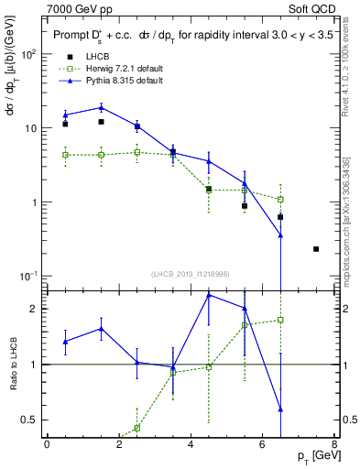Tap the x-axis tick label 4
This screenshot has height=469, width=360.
tap(190, 445)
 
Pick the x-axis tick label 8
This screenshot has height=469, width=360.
tap(333, 445)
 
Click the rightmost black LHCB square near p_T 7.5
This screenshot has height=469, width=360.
tap(316, 249)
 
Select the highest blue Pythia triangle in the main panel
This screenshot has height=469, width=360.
tap(101, 107)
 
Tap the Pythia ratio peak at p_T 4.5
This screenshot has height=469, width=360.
tap(209, 295)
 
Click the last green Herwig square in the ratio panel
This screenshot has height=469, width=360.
tap(280, 320)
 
